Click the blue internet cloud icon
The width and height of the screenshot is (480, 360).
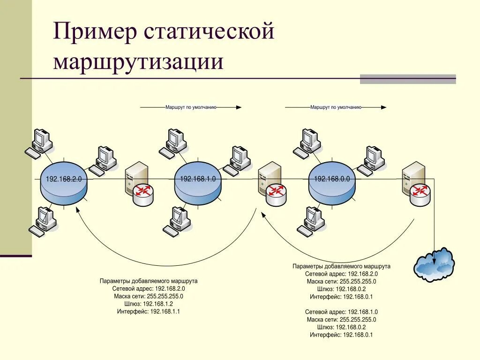[434, 265]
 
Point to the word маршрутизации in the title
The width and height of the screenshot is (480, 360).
[138, 62]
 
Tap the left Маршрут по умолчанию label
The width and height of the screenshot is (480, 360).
[190, 107]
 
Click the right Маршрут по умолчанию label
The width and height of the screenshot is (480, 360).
[336, 107]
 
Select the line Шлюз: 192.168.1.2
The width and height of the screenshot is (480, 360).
[149, 304]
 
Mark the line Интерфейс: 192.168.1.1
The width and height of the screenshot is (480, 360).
[149, 311]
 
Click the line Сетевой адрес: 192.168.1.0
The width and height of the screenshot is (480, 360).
[341, 312]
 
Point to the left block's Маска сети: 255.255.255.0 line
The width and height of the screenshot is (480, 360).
[149, 296]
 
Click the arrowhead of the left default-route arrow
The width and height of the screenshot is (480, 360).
[239, 107]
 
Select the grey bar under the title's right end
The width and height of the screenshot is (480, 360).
[408, 79]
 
